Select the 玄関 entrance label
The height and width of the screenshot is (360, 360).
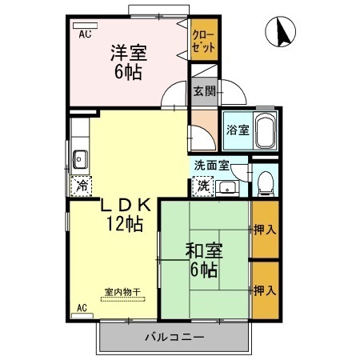pyautogui.click(x=203, y=90)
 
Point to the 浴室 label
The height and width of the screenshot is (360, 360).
pyautogui.click(x=236, y=130)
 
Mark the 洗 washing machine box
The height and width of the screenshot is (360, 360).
pyautogui.click(x=203, y=185)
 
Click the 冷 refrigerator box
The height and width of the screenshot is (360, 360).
pyautogui.click(x=82, y=186)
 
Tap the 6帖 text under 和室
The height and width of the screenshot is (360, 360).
pyautogui.click(x=204, y=270)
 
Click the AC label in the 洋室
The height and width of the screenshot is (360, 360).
pyautogui.click(x=84, y=35)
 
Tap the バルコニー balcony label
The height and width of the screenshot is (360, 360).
pyautogui.click(x=174, y=337)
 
